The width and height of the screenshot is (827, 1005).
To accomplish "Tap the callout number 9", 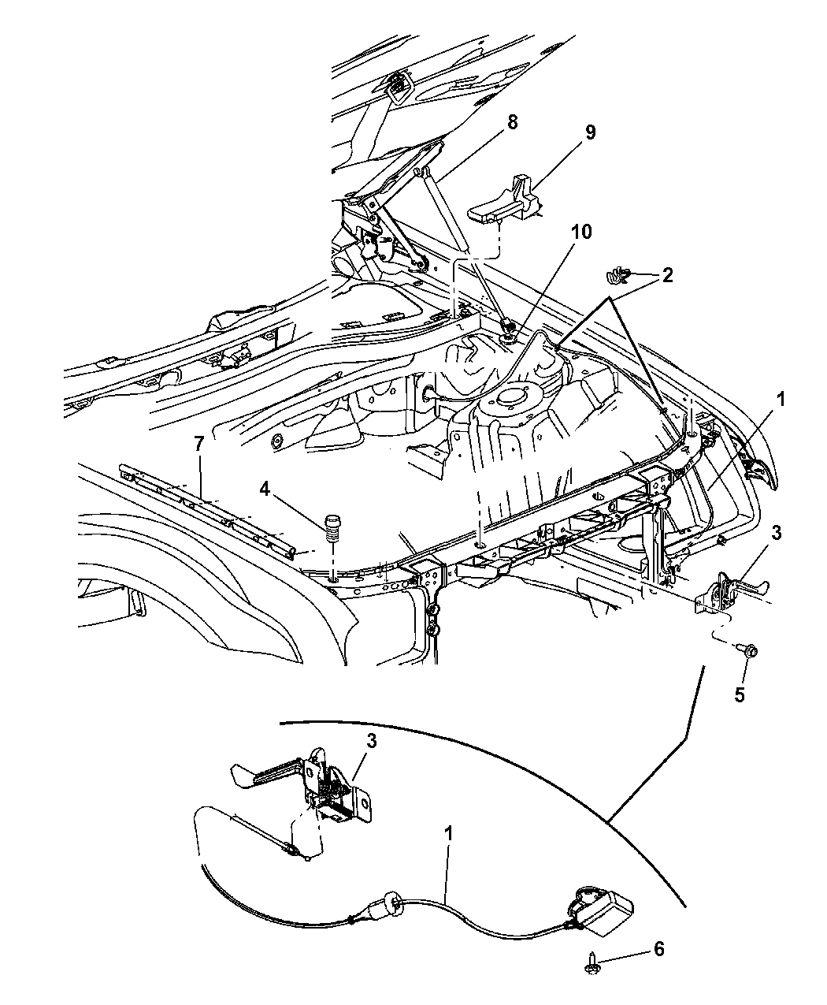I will pyautogui.click(x=589, y=132).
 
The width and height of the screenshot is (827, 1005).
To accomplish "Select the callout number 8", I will pyautogui.click(x=512, y=122).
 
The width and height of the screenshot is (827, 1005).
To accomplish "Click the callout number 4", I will pyautogui.click(x=265, y=489).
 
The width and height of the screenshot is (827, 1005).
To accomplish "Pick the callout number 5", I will pyautogui.click(x=739, y=694).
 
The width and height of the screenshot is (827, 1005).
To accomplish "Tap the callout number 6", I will pyautogui.click(x=658, y=949).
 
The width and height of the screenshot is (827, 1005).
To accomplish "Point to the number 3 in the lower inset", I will pyautogui.click(x=370, y=741).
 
